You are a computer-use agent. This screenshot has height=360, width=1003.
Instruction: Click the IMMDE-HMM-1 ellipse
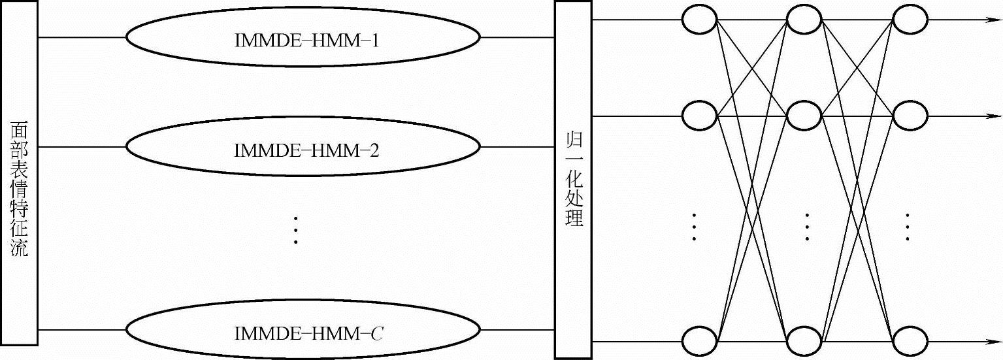pyautogui.click(x=303, y=37)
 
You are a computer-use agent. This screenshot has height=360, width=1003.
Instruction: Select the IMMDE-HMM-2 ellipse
pyautogui.click(x=303, y=148)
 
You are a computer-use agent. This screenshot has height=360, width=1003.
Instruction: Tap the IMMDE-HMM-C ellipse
pyautogui.click(x=303, y=333)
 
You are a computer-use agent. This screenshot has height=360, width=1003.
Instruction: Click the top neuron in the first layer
pyautogui.click(x=700, y=20)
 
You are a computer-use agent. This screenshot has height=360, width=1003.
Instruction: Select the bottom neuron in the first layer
pyautogui.click(x=700, y=342)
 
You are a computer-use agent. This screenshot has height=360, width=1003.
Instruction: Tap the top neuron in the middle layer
pyautogui.click(x=804, y=20)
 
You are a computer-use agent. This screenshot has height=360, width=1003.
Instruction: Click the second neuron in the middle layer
pyautogui.click(x=804, y=116)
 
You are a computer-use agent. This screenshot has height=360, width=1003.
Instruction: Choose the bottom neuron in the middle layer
pyautogui.click(x=804, y=342)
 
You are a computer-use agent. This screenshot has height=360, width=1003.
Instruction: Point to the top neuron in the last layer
pyautogui.click(x=910, y=20)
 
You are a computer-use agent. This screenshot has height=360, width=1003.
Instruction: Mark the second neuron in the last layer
pyautogui.click(x=910, y=116)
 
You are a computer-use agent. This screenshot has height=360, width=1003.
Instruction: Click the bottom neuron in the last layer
pyautogui.click(x=910, y=342)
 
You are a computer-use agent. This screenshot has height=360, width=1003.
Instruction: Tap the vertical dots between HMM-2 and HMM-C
pyautogui.click(x=295, y=229)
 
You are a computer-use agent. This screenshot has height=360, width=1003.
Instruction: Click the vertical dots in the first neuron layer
pyautogui.click(x=695, y=228)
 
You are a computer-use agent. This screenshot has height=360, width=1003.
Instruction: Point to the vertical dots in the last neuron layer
pyautogui.click(x=908, y=228)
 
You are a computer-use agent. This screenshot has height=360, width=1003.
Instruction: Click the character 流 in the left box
pyautogui.click(x=20, y=248)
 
